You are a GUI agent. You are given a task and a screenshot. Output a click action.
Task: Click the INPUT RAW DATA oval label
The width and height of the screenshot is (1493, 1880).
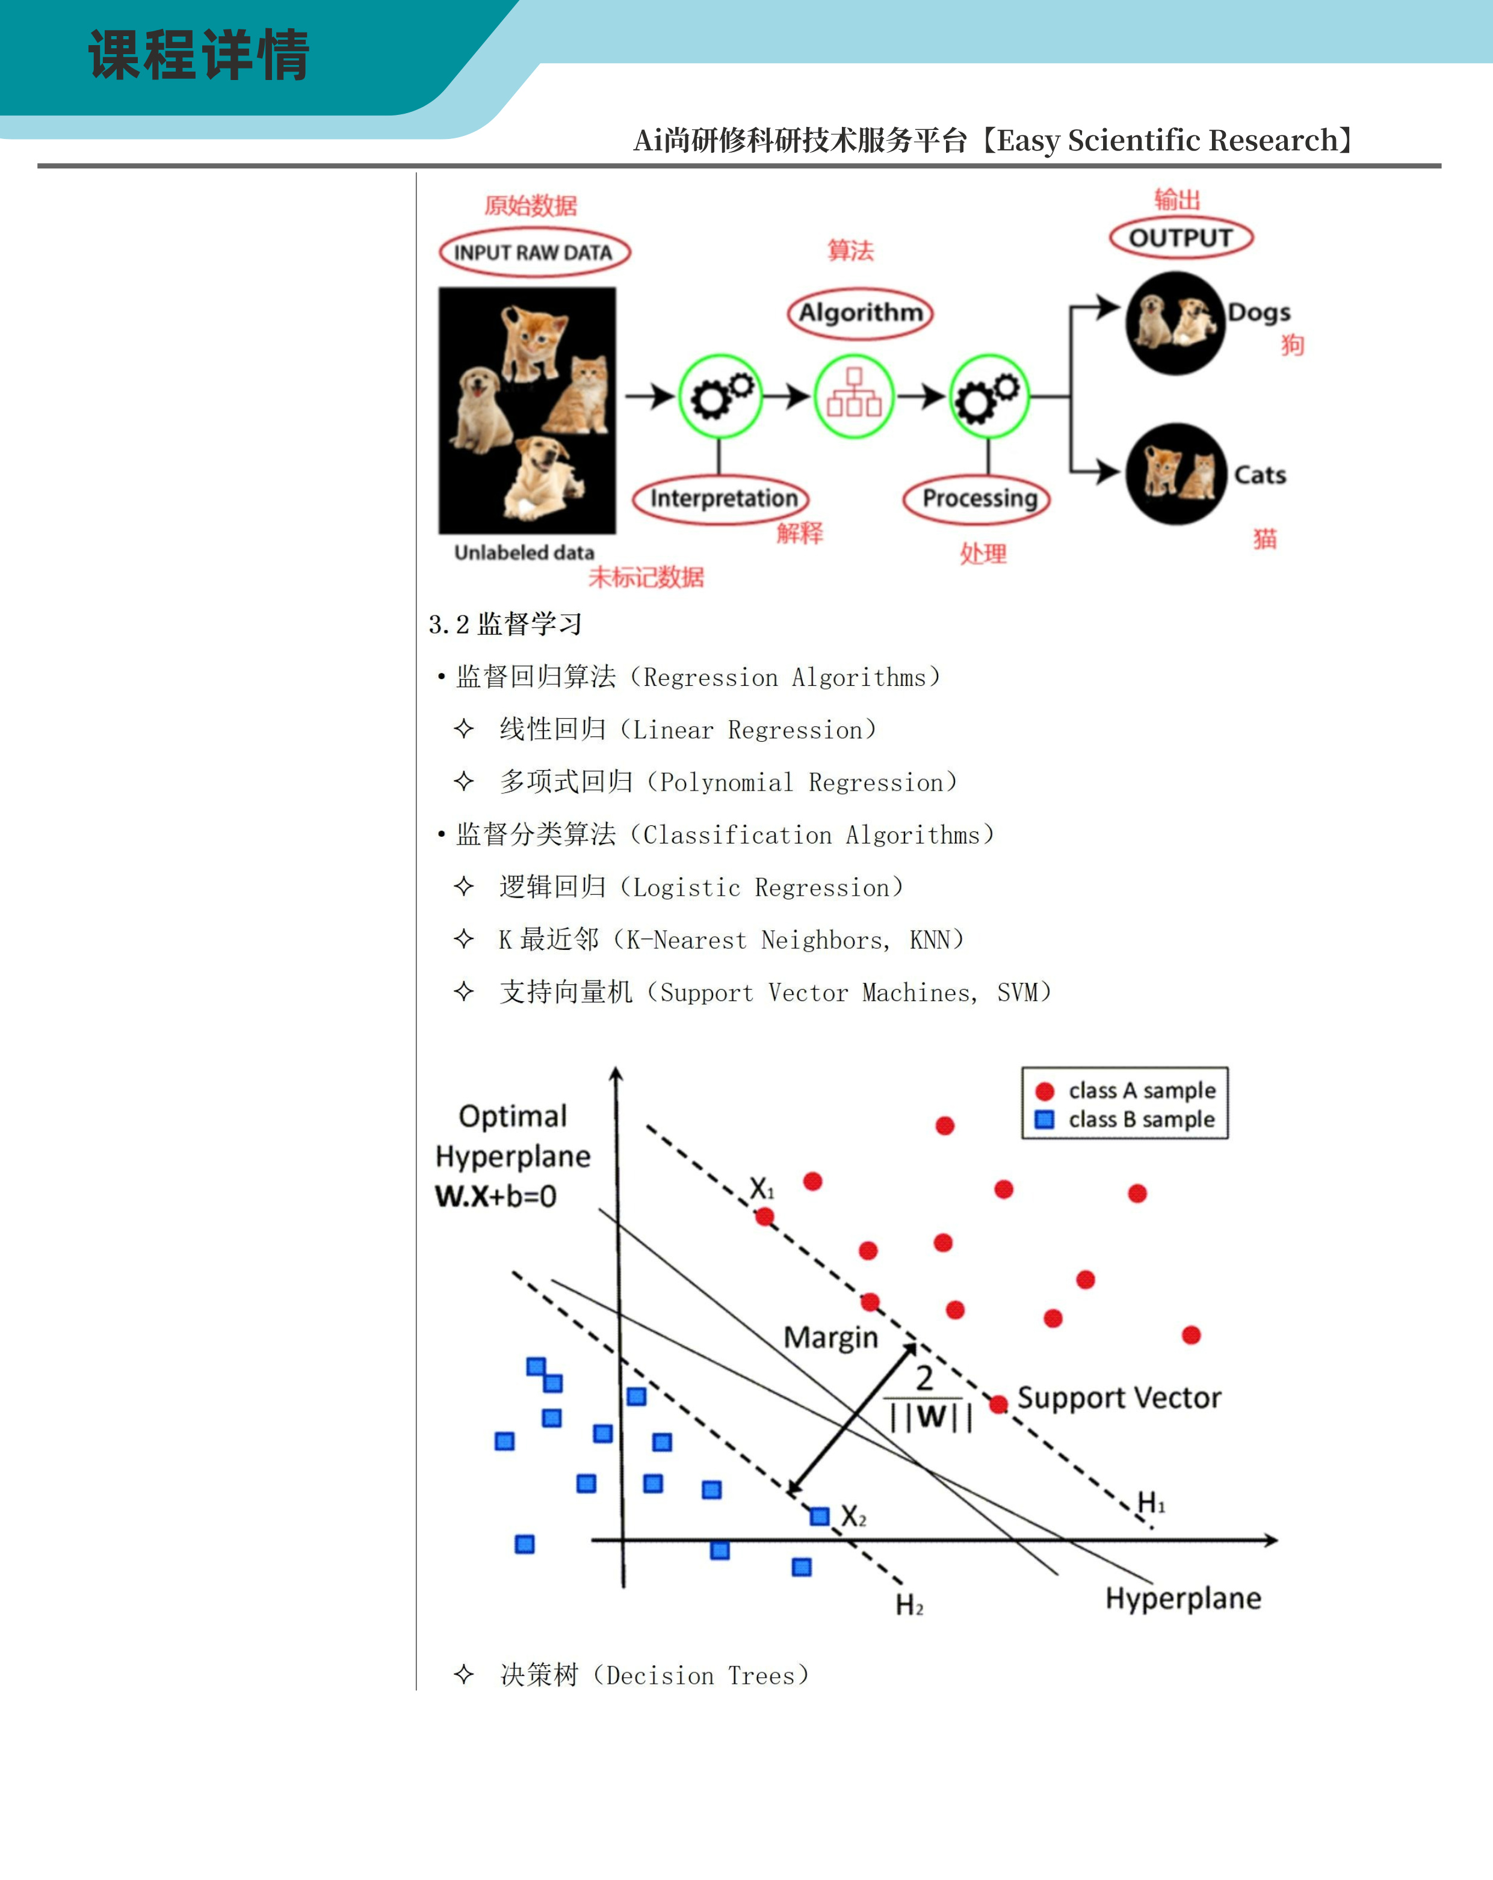[x=534, y=253]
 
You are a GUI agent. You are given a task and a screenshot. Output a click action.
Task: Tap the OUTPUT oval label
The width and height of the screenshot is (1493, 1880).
[x=1181, y=238]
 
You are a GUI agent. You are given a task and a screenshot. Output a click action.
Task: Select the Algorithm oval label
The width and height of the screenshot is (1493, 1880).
[x=860, y=312]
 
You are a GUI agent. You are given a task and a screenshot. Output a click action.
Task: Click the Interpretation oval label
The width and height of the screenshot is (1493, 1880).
[x=722, y=499]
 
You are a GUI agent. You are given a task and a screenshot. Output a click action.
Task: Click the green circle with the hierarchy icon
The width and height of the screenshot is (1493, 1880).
[x=854, y=396]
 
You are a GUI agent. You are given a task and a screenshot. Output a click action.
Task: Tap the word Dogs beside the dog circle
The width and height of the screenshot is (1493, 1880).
[x=1258, y=312]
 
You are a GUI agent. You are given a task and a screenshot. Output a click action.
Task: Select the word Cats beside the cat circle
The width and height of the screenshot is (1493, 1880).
[x=1260, y=475]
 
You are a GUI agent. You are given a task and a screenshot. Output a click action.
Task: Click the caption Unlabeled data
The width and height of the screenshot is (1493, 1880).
[x=524, y=553]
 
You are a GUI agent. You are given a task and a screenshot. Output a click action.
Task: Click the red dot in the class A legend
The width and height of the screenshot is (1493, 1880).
[x=1045, y=1091]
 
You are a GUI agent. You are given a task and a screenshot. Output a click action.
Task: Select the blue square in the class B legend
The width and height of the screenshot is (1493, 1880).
[x=1045, y=1120]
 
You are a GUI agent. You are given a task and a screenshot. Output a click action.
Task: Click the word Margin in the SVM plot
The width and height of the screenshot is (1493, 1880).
[x=830, y=1337]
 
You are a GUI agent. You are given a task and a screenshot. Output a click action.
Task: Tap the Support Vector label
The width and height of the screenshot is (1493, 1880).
[x=1119, y=1398]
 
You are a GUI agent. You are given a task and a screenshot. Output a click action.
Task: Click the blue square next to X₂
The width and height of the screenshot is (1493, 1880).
[x=819, y=1517]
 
